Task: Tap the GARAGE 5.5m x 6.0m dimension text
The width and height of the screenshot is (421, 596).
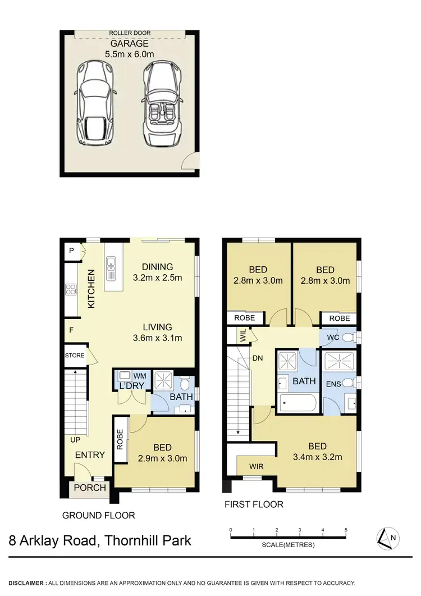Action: (x=130, y=49)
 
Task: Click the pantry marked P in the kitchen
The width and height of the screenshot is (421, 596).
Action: (x=71, y=251)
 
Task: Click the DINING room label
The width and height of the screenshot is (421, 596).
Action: (x=157, y=267)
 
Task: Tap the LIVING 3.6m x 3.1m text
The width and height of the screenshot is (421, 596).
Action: (x=157, y=333)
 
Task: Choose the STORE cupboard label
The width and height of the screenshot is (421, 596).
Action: (x=74, y=356)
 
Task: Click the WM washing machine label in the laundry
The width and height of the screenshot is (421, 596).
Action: (x=139, y=375)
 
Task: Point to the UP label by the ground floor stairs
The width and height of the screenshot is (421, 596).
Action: (x=75, y=439)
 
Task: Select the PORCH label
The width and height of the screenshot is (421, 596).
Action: (x=90, y=488)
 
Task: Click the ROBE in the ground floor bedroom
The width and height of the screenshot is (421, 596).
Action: (x=120, y=439)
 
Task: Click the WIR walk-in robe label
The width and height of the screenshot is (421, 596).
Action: (x=257, y=466)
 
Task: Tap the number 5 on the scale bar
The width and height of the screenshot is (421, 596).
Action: (x=346, y=530)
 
